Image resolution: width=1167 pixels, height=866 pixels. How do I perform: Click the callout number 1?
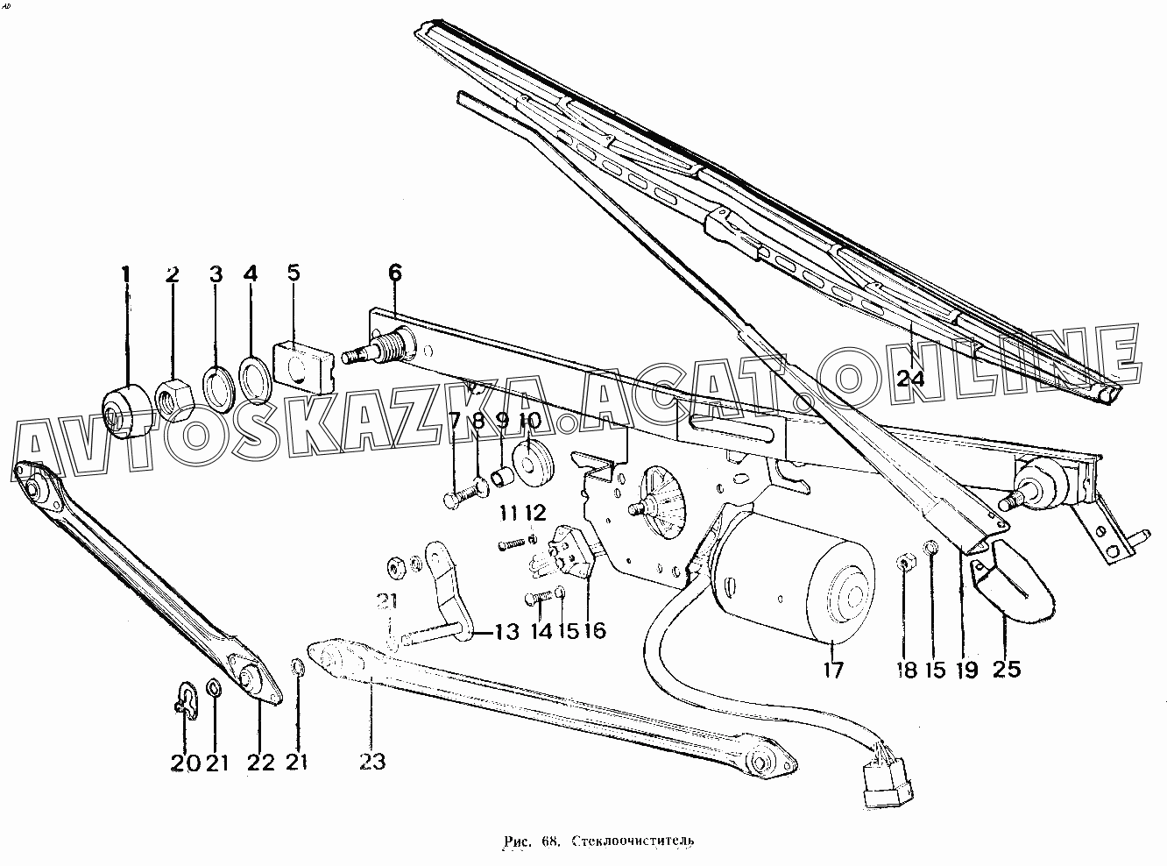[125, 274]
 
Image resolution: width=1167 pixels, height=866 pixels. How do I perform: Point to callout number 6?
[394, 273]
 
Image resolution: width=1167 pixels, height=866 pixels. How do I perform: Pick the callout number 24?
[911, 379]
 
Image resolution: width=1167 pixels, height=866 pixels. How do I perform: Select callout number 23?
[372, 762]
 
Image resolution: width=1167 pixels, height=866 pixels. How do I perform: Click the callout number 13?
[506, 632]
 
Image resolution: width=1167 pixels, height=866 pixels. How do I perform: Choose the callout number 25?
[1007, 669]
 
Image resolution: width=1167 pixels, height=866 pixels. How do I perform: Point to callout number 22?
[261, 763]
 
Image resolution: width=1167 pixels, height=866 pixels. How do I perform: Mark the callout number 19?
[968, 669]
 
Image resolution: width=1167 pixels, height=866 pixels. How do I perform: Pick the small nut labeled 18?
[905, 564]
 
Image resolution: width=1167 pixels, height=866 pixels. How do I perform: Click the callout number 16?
[595, 630]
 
